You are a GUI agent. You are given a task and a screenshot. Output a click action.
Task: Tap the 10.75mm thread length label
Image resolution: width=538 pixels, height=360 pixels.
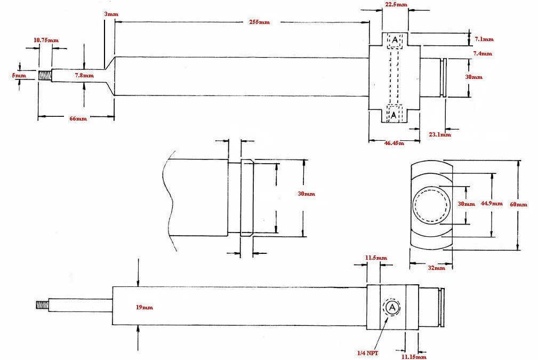click(x=46, y=41)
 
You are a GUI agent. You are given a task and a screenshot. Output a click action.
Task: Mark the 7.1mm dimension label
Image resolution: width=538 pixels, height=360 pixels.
click(x=483, y=39)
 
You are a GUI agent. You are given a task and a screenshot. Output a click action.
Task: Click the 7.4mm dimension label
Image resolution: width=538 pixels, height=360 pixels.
click(x=483, y=53)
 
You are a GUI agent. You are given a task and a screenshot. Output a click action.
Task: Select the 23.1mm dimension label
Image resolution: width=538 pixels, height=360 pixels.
click(x=439, y=135)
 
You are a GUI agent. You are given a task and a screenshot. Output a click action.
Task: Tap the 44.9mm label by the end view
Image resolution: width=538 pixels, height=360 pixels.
click(x=491, y=203)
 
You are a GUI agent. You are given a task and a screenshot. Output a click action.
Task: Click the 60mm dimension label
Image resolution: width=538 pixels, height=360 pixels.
click(x=518, y=205)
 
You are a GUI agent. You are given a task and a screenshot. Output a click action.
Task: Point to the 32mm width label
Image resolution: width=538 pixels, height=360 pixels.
click(x=436, y=268)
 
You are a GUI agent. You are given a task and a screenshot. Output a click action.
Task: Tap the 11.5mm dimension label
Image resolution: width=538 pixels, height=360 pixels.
click(x=376, y=258)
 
